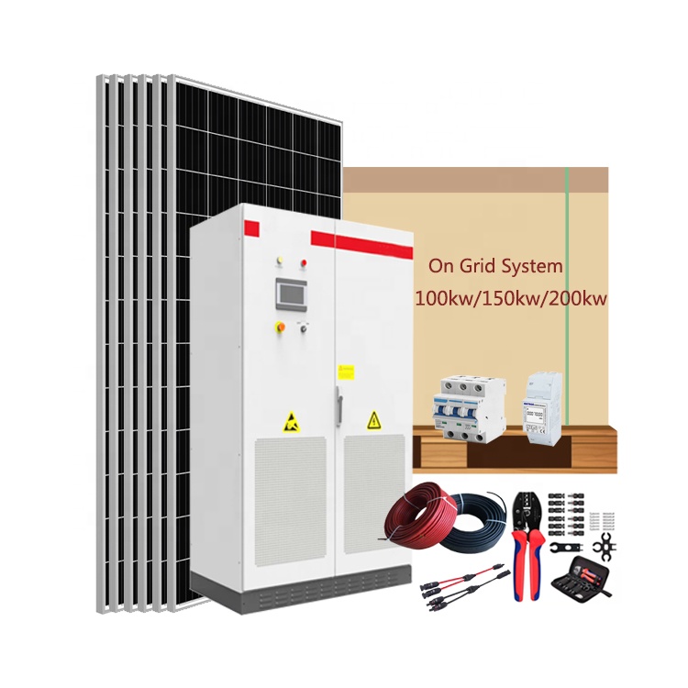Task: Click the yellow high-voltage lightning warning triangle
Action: (373, 421)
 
